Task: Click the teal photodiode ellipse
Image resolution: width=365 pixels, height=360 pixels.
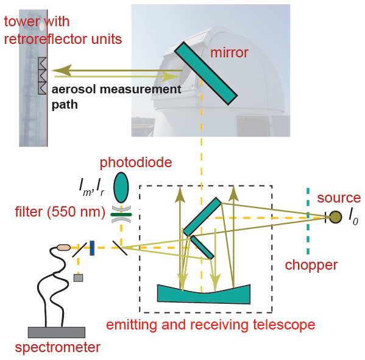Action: pos(121,187)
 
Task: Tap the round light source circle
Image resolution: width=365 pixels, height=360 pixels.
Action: pos(335,217)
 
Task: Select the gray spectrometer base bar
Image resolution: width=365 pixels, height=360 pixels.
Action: pos(57,333)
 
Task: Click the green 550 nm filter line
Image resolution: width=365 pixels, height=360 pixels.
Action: pos(121,215)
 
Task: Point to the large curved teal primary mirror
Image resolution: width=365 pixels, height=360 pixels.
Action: pos(204,294)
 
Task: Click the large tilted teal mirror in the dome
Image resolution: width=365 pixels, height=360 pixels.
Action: pos(206,73)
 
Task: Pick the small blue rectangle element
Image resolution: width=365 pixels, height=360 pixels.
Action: pos(92,248)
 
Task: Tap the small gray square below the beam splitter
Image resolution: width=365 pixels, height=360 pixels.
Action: pos(78,278)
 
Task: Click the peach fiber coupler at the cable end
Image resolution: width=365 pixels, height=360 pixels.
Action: pos(64,247)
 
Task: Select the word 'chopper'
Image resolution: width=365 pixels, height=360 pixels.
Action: pos(311,265)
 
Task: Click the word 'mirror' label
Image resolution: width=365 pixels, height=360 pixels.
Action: pos(229,52)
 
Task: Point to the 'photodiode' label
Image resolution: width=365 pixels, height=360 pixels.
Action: pos(136,162)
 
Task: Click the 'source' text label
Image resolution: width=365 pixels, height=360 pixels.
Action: pos(339,198)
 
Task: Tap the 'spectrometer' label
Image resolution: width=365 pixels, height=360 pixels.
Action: pos(58,348)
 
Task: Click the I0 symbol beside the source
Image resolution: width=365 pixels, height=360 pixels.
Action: pos(353,218)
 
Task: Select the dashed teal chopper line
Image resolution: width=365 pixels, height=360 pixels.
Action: pos(308,221)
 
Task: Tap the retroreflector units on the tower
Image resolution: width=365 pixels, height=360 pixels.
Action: pos(43,76)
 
